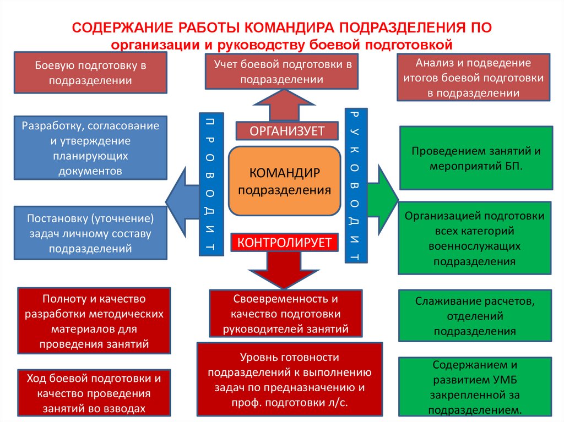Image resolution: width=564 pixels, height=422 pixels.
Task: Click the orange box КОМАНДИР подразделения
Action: (x=284, y=181)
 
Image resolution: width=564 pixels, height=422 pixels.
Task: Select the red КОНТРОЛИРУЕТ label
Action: (x=284, y=242)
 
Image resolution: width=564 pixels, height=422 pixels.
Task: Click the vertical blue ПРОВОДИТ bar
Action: (x=211, y=184)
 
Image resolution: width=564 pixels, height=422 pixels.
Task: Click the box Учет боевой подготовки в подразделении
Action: (x=282, y=72)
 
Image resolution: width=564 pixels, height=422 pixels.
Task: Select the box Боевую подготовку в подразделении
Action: (x=90, y=73)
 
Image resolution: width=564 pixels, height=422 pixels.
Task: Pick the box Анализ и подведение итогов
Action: (x=473, y=78)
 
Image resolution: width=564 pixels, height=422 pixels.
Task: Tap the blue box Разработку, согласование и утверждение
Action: (x=90, y=148)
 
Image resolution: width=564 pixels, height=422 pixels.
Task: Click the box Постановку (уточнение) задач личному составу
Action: (x=90, y=233)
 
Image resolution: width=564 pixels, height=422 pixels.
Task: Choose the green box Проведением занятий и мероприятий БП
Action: (x=475, y=158)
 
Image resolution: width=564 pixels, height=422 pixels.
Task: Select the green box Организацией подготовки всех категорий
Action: (x=475, y=238)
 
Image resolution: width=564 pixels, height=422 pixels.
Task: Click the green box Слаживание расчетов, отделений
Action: (x=475, y=316)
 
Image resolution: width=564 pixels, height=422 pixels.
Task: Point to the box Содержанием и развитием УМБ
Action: (x=475, y=387)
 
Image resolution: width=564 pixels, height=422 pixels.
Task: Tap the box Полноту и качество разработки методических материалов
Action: (x=93, y=321)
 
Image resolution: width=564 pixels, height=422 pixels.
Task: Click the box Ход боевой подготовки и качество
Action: (x=93, y=393)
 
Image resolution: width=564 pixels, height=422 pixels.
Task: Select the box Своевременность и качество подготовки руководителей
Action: (x=286, y=314)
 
